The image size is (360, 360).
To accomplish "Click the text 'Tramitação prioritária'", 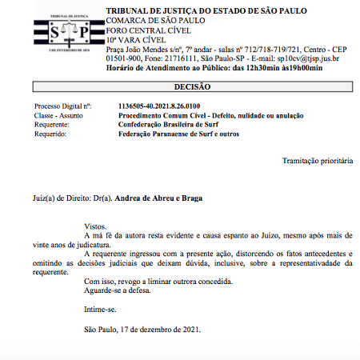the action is (317, 161).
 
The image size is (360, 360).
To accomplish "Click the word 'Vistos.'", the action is (95, 226).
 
